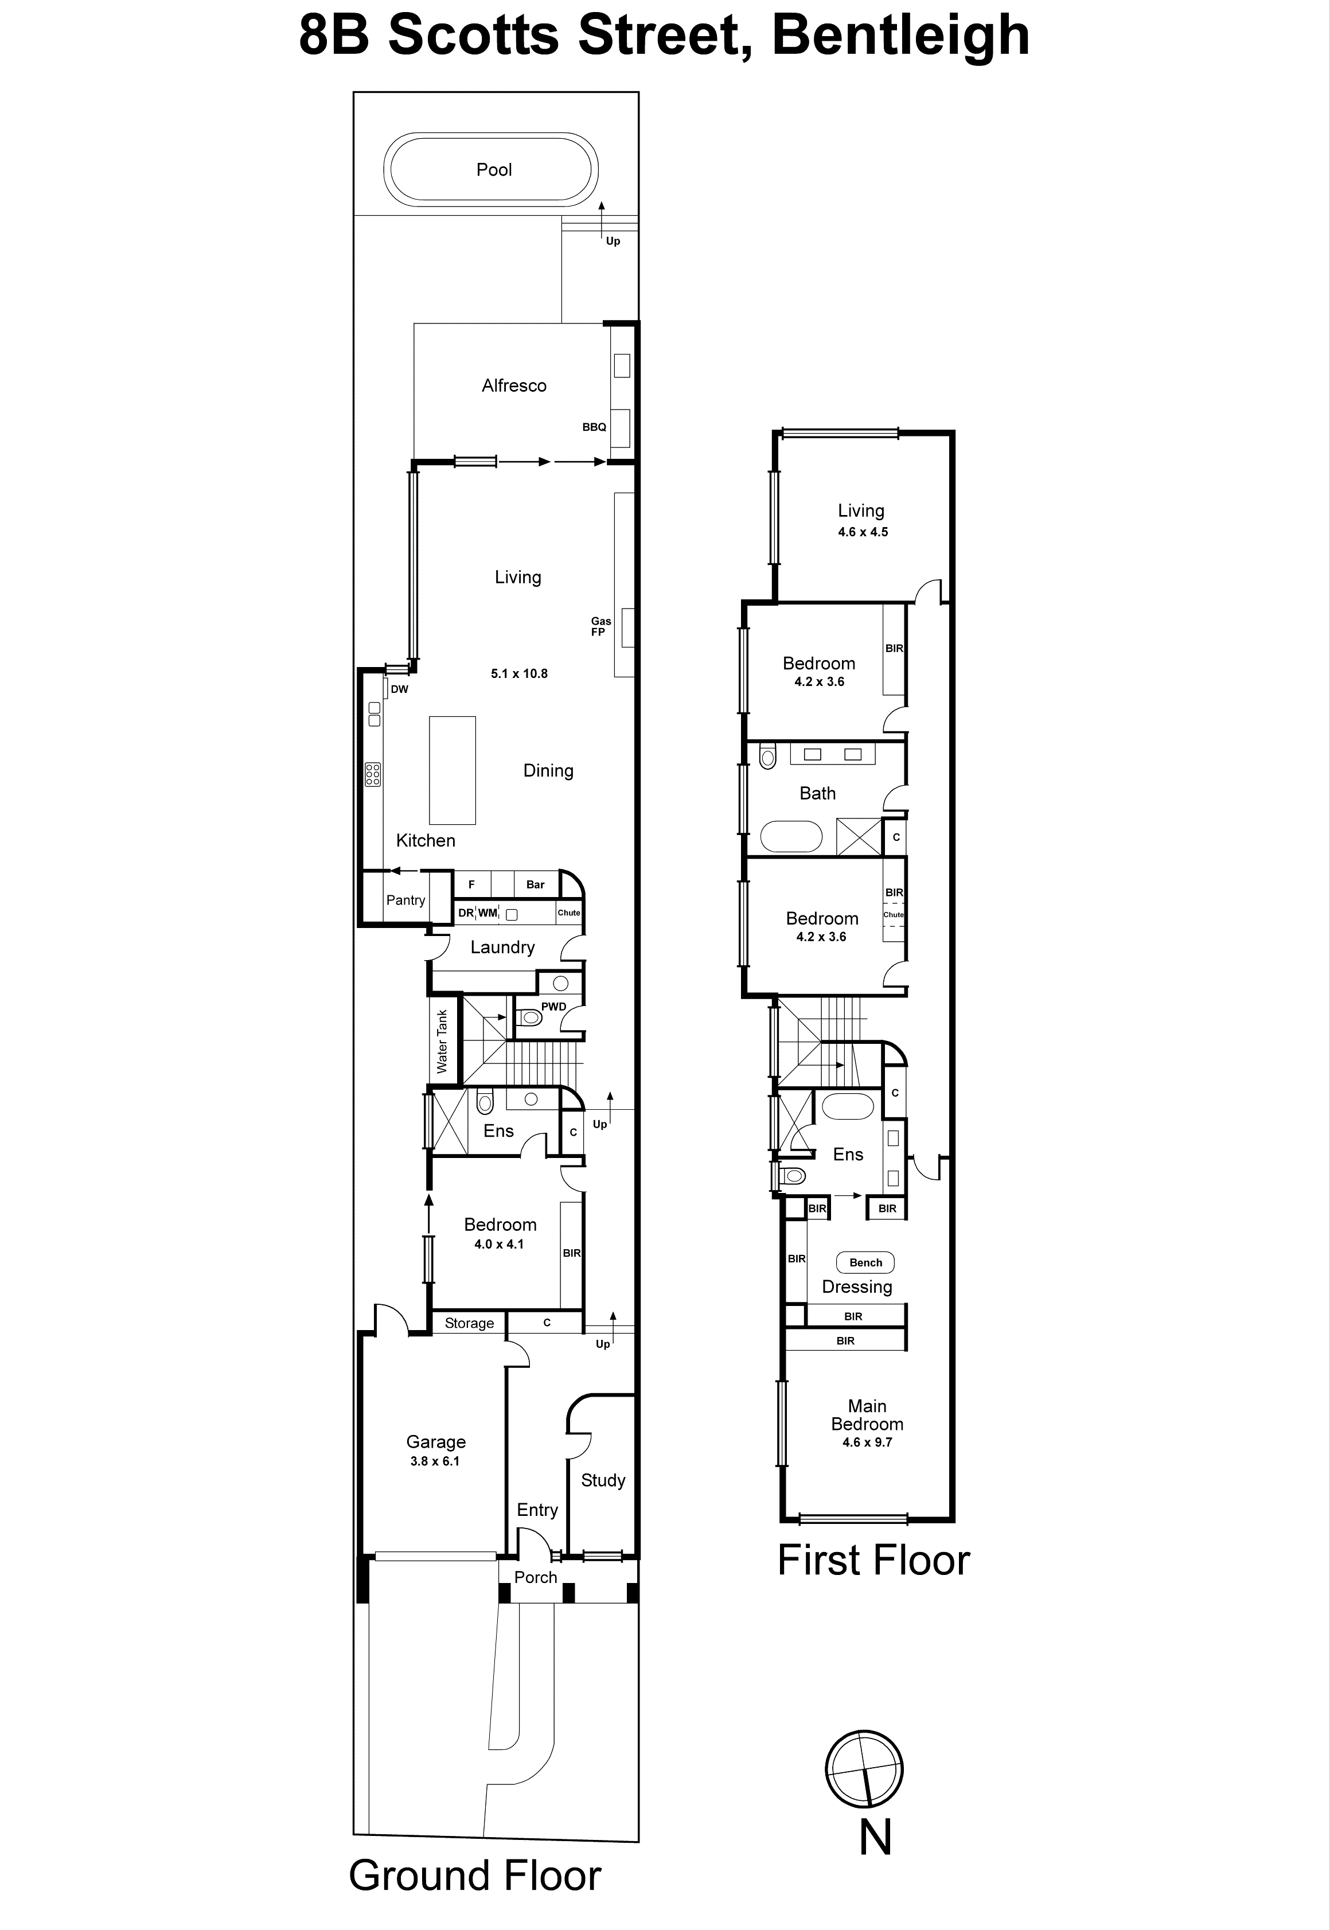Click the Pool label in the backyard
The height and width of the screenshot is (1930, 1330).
tap(493, 170)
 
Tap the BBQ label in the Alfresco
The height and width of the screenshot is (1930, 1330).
tap(594, 427)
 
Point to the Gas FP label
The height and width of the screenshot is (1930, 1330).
tap(600, 627)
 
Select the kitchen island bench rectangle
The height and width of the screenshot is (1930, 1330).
tap(452, 770)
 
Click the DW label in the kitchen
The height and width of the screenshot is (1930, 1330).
tap(399, 689)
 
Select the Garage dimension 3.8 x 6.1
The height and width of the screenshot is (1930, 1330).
tap(434, 1461)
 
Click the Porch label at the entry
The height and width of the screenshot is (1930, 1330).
tap(535, 1577)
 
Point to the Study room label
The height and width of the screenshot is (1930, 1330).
tap(603, 1480)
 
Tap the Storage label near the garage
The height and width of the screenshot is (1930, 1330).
tap(469, 1323)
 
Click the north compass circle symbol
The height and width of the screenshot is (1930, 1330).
tap(864, 1769)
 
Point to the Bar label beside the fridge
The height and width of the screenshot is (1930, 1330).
tap(535, 885)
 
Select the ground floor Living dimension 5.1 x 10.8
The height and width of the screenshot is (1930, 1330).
tap(518, 673)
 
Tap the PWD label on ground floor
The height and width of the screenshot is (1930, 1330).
tap(553, 1007)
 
